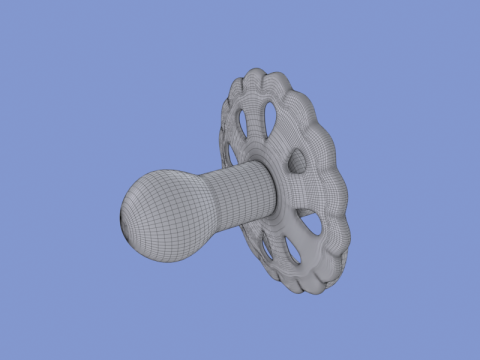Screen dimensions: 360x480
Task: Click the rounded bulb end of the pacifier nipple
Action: point(160,213)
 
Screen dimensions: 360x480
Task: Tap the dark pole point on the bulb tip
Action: point(124,219)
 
